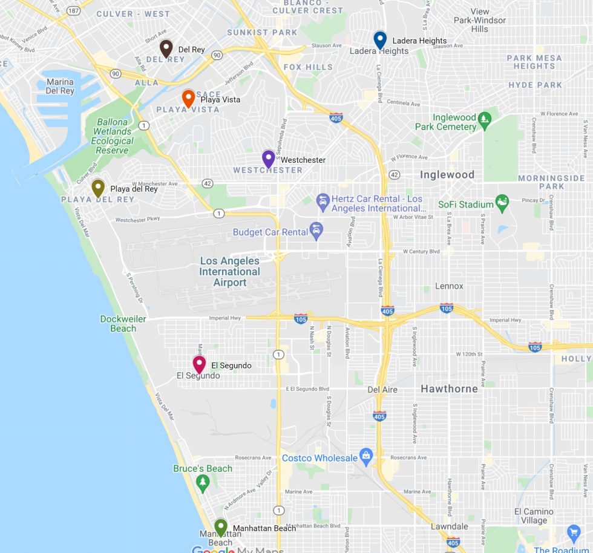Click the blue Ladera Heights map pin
click(380, 40)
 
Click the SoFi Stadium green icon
click(502, 203)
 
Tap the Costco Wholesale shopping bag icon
click(365, 454)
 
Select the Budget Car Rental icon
click(315, 229)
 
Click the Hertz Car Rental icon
click(323, 200)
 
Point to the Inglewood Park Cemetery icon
click(484, 119)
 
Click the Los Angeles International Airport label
click(230, 272)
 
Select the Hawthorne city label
click(449, 388)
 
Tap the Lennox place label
click(449, 286)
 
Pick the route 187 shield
click(73, 11)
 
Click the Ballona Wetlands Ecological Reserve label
click(112, 136)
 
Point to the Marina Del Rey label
click(60, 87)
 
